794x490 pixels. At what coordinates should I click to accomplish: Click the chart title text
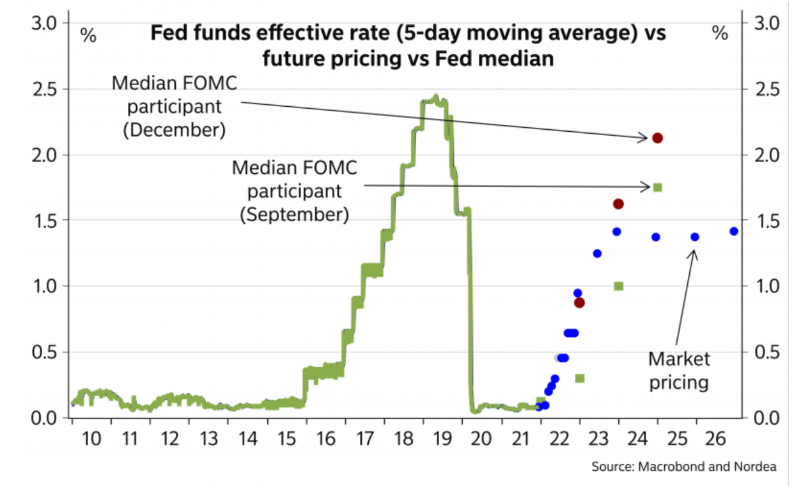pyautogui.click(x=408, y=45)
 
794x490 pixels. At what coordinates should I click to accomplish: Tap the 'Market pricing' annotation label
pyautogui.click(x=679, y=370)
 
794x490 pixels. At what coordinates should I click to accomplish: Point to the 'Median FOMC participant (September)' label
pyautogui.click(x=295, y=191)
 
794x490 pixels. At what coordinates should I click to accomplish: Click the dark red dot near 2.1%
pyautogui.click(x=657, y=138)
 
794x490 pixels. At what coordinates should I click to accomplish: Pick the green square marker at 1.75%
pyautogui.click(x=657, y=187)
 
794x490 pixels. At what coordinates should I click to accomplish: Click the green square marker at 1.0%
pyautogui.click(x=618, y=286)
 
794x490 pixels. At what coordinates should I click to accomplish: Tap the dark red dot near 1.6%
pyautogui.click(x=618, y=204)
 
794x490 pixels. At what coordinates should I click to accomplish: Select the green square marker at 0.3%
pyautogui.click(x=580, y=378)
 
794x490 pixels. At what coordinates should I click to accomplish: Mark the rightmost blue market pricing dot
pyautogui.click(x=734, y=232)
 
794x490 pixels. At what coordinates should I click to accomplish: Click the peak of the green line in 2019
pyautogui.click(x=435, y=97)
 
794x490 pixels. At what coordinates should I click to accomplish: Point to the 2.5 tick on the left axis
pyautogui.click(x=44, y=88)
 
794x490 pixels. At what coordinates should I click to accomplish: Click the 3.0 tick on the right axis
pyautogui.click(x=767, y=23)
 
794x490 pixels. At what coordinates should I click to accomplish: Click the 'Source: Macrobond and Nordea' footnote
pyautogui.click(x=683, y=467)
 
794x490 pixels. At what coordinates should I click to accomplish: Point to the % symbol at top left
pyautogui.click(x=88, y=35)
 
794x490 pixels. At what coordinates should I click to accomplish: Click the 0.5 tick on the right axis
pyautogui.click(x=767, y=352)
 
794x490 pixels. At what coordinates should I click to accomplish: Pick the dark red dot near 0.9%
pyautogui.click(x=579, y=303)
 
